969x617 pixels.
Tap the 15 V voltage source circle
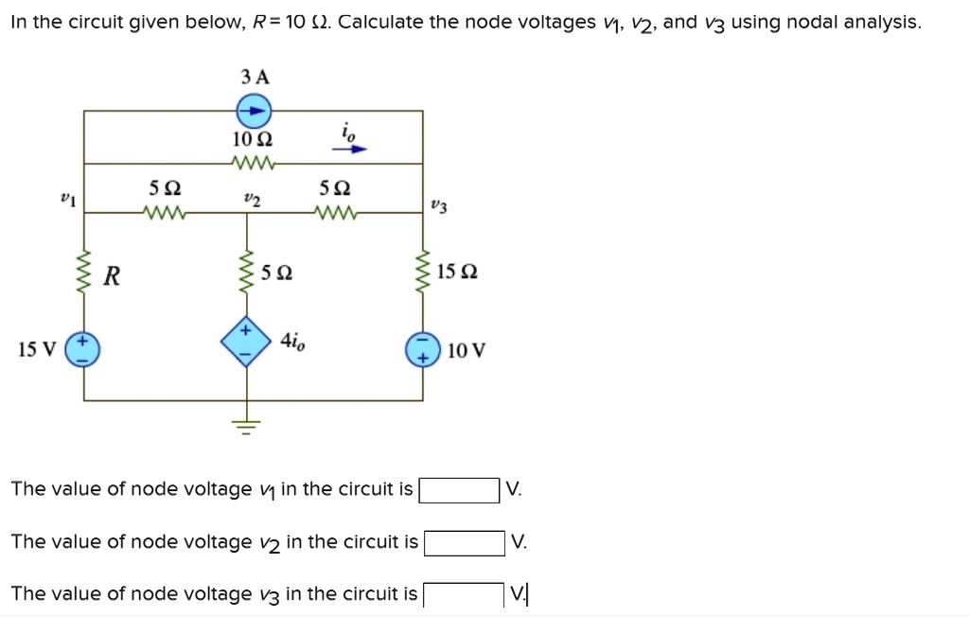(83, 350)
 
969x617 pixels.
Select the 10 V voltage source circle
(422, 350)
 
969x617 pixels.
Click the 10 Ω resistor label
(253, 139)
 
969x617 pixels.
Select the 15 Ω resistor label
(458, 273)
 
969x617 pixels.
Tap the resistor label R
(112, 276)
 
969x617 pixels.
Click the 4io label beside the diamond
(291, 342)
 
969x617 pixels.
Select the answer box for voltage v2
(465, 543)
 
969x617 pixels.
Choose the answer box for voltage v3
(463, 595)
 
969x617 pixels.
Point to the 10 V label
(467, 351)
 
